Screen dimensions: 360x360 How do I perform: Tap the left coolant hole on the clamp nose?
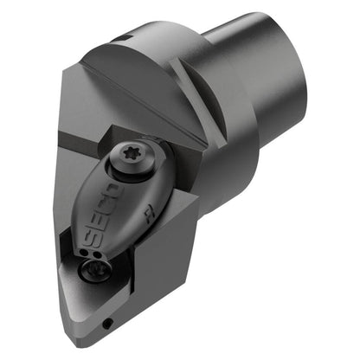click(x=84, y=253)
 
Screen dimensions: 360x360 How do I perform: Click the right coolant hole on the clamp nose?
click(x=97, y=255)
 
